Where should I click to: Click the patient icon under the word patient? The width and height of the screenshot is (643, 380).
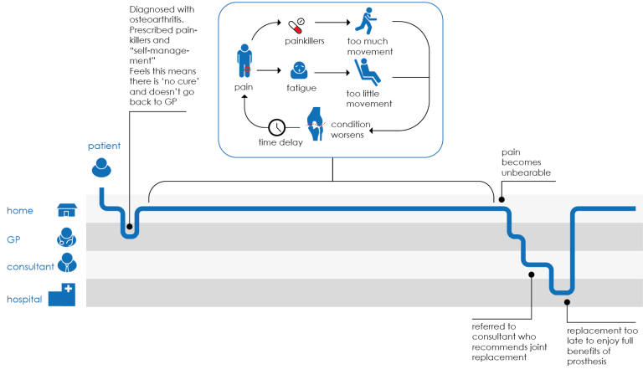pos(101,168)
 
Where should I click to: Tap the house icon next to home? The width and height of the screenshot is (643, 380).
pos(67,209)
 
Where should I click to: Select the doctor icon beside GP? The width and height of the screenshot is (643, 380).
pos(66,238)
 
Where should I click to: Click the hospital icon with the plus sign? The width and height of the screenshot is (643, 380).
pos(62,295)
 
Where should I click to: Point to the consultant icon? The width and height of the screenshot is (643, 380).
pos(66,265)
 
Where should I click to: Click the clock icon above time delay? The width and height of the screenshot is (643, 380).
pos(277,128)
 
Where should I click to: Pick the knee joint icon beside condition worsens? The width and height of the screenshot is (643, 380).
pos(316,123)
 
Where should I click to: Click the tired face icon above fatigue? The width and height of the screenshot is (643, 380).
pos(298,71)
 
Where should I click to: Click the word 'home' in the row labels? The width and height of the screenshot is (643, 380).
pos(19,210)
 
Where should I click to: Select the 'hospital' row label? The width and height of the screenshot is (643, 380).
pos(24,299)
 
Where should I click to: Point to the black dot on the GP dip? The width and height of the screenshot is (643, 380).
pos(130,226)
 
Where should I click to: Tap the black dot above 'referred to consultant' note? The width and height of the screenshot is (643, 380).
pos(531,274)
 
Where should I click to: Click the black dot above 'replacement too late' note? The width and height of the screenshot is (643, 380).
pos(567,301)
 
